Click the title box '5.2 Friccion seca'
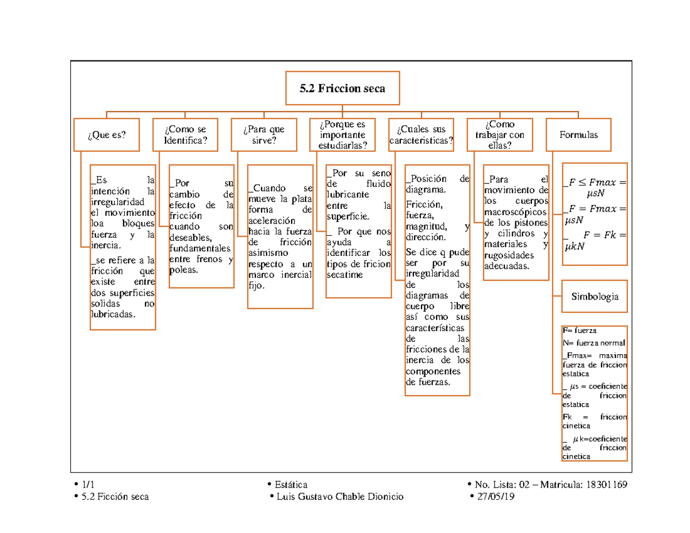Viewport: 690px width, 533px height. click(342, 89)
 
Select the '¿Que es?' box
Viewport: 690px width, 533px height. click(106, 135)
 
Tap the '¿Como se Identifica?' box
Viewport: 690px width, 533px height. click(185, 135)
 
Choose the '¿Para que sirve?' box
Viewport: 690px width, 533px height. click(263, 135)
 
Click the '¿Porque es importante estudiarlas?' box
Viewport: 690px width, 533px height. click(342, 135)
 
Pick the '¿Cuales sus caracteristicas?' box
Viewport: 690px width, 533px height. click(421, 135)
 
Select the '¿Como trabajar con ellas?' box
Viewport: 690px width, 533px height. click(500, 135)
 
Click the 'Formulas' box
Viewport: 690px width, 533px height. click(578, 135)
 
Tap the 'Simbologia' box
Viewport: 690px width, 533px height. click(595, 297)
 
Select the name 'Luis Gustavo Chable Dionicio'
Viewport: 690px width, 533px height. click(340, 497)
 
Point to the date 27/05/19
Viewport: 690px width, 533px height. click(497, 497)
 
